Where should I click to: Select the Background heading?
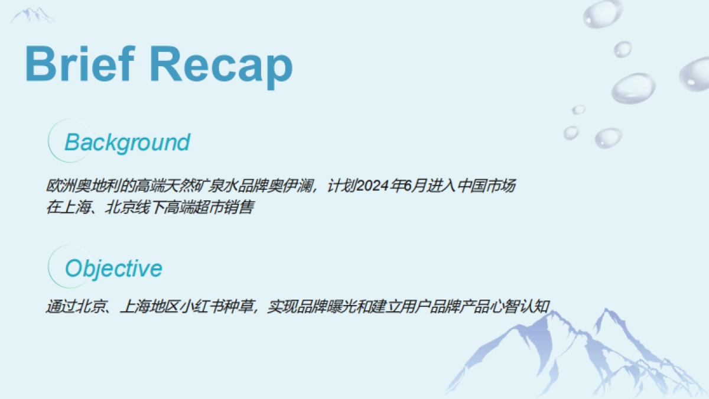127,142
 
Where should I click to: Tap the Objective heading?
113,268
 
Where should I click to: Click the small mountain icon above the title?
32,16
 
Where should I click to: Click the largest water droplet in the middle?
633,87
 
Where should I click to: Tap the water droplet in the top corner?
603,13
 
